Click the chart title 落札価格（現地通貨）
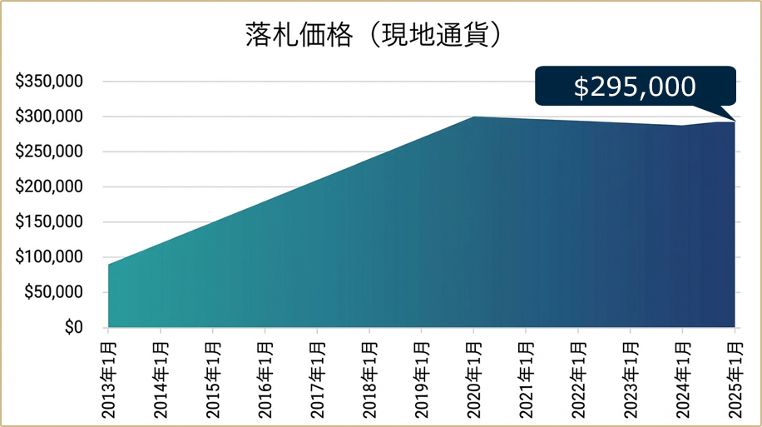click(377, 34)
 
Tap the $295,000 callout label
click(635, 87)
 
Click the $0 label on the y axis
click(73, 327)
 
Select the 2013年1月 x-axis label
click(109, 375)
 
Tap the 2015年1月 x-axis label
click(213, 375)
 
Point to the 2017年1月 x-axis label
click(318, 375)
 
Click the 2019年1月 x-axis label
click(422, 375)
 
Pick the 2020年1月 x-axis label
click(474, 375)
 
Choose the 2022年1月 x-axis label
click(578, 375)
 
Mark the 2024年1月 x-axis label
click(683, 375)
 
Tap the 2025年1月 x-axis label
click(735, 375)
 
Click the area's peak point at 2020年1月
click(473, 117)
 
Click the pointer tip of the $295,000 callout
click(735, 121)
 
